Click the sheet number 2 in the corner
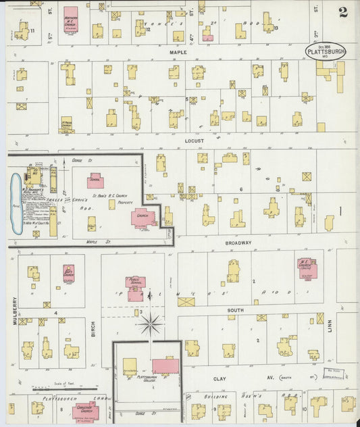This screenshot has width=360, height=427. [343, 12]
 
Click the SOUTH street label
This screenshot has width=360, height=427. [235, 310]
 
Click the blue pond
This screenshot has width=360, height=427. [16, 203]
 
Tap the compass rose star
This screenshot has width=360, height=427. [151, 325]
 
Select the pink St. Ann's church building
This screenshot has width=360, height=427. [143, 218]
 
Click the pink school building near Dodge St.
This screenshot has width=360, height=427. [95, 180]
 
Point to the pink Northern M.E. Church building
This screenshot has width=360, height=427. [70, 19]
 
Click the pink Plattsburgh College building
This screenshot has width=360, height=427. [165, 366]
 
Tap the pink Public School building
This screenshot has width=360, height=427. [136, 283]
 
